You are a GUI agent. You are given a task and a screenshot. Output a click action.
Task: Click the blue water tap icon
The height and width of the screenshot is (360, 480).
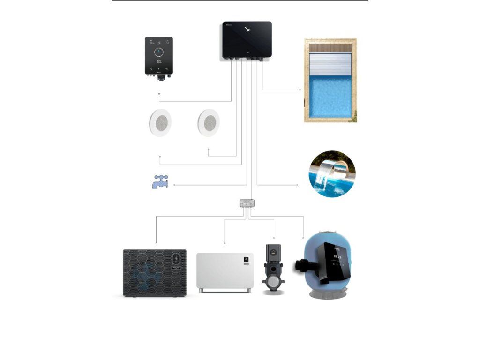tap(159, 181)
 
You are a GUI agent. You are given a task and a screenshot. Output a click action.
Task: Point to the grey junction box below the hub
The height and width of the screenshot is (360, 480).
tap(247, 203)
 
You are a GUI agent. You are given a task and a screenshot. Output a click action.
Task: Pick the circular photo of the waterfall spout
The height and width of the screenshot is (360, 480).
tap(332, 174)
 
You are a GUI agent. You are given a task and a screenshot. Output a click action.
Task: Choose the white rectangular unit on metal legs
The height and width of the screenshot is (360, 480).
tap(225, 271)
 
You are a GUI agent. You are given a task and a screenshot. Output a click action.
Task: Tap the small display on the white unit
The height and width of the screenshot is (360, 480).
tap(245, 259)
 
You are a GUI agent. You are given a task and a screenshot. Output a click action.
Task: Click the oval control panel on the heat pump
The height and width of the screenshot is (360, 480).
tap(176, 259)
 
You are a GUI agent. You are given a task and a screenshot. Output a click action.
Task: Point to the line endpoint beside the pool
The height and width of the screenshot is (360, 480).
tap(300, 90)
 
